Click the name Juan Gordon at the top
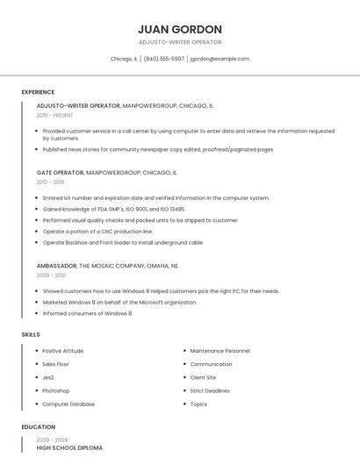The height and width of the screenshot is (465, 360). (180, 29)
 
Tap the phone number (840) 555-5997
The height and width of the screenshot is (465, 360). (164, 59)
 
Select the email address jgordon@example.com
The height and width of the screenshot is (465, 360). (220, 59)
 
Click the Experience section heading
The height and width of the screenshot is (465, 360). (38, 92)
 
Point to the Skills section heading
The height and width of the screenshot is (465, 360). (31, 334)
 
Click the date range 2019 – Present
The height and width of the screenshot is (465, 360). (55, 115)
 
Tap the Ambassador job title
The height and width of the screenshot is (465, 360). (57, 265)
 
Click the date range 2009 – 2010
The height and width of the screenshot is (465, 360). (51, 275)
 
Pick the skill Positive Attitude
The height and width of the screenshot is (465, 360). (63, 351)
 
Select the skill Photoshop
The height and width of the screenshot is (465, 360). (56, 390)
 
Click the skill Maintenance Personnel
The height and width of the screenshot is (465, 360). (220, 351)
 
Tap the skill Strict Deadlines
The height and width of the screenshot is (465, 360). (210, 390)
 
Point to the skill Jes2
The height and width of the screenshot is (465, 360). (48, 377)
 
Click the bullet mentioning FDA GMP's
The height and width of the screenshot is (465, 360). (113, 209)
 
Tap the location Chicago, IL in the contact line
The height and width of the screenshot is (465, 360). (124, 59)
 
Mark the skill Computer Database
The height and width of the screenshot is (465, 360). (68, 404)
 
